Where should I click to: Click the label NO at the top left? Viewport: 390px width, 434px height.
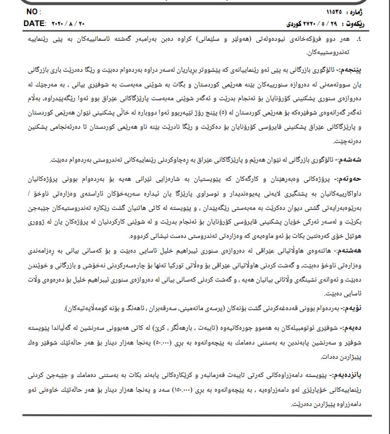click(x=31, y=11)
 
